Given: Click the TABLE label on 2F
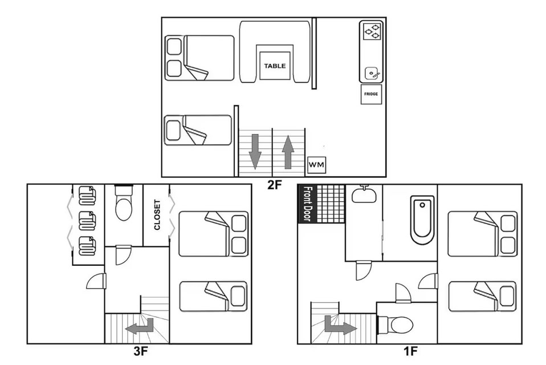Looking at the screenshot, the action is pos(275,66).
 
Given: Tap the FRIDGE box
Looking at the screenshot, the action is pos(371,94).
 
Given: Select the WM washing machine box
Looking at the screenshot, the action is pos(316,164).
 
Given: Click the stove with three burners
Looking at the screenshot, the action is pos(371,31).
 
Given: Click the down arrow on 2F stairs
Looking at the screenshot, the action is pos(255,151).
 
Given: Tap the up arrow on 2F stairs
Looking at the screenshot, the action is pos(288,152).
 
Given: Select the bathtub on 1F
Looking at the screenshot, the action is pos(422,220).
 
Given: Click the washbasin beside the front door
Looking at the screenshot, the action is pos(364,194).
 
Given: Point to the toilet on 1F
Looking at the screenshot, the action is pos(396,325).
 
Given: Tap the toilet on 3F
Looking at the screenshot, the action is pos(124,202).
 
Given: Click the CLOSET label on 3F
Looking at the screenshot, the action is pos(157,215).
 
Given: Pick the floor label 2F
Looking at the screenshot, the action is pos(274,185).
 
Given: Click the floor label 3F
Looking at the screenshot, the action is pos(141,351).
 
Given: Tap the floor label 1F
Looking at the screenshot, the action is pos(410,351).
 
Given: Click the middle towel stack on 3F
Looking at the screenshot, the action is pos(87,221).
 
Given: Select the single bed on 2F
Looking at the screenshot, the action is pos(198,130).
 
